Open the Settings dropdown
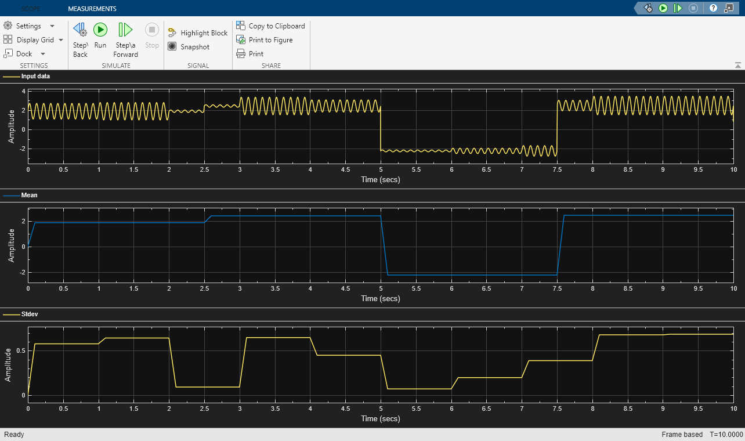(29, 26)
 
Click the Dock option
(24, 54)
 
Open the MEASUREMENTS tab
(92, 9)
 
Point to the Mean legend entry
(29, 195)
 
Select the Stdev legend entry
(30, 314)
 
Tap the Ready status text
(14, 435)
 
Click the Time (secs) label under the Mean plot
(380, 298)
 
